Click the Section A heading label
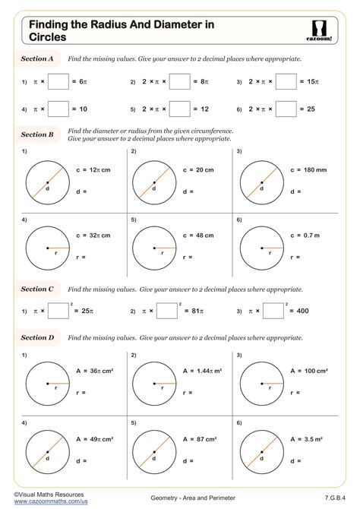click(x=37, y=58)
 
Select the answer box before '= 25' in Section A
click(x=286, y=109)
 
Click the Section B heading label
click(x=37, y=134)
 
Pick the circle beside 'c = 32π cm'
click(x=47, y=248)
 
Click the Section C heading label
click(x=37, y=289)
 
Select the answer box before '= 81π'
click(x=166, y=311)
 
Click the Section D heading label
click(x=37, y=337)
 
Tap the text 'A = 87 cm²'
click(x=200, y=439)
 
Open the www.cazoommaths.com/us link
click(x=45, y=501)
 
